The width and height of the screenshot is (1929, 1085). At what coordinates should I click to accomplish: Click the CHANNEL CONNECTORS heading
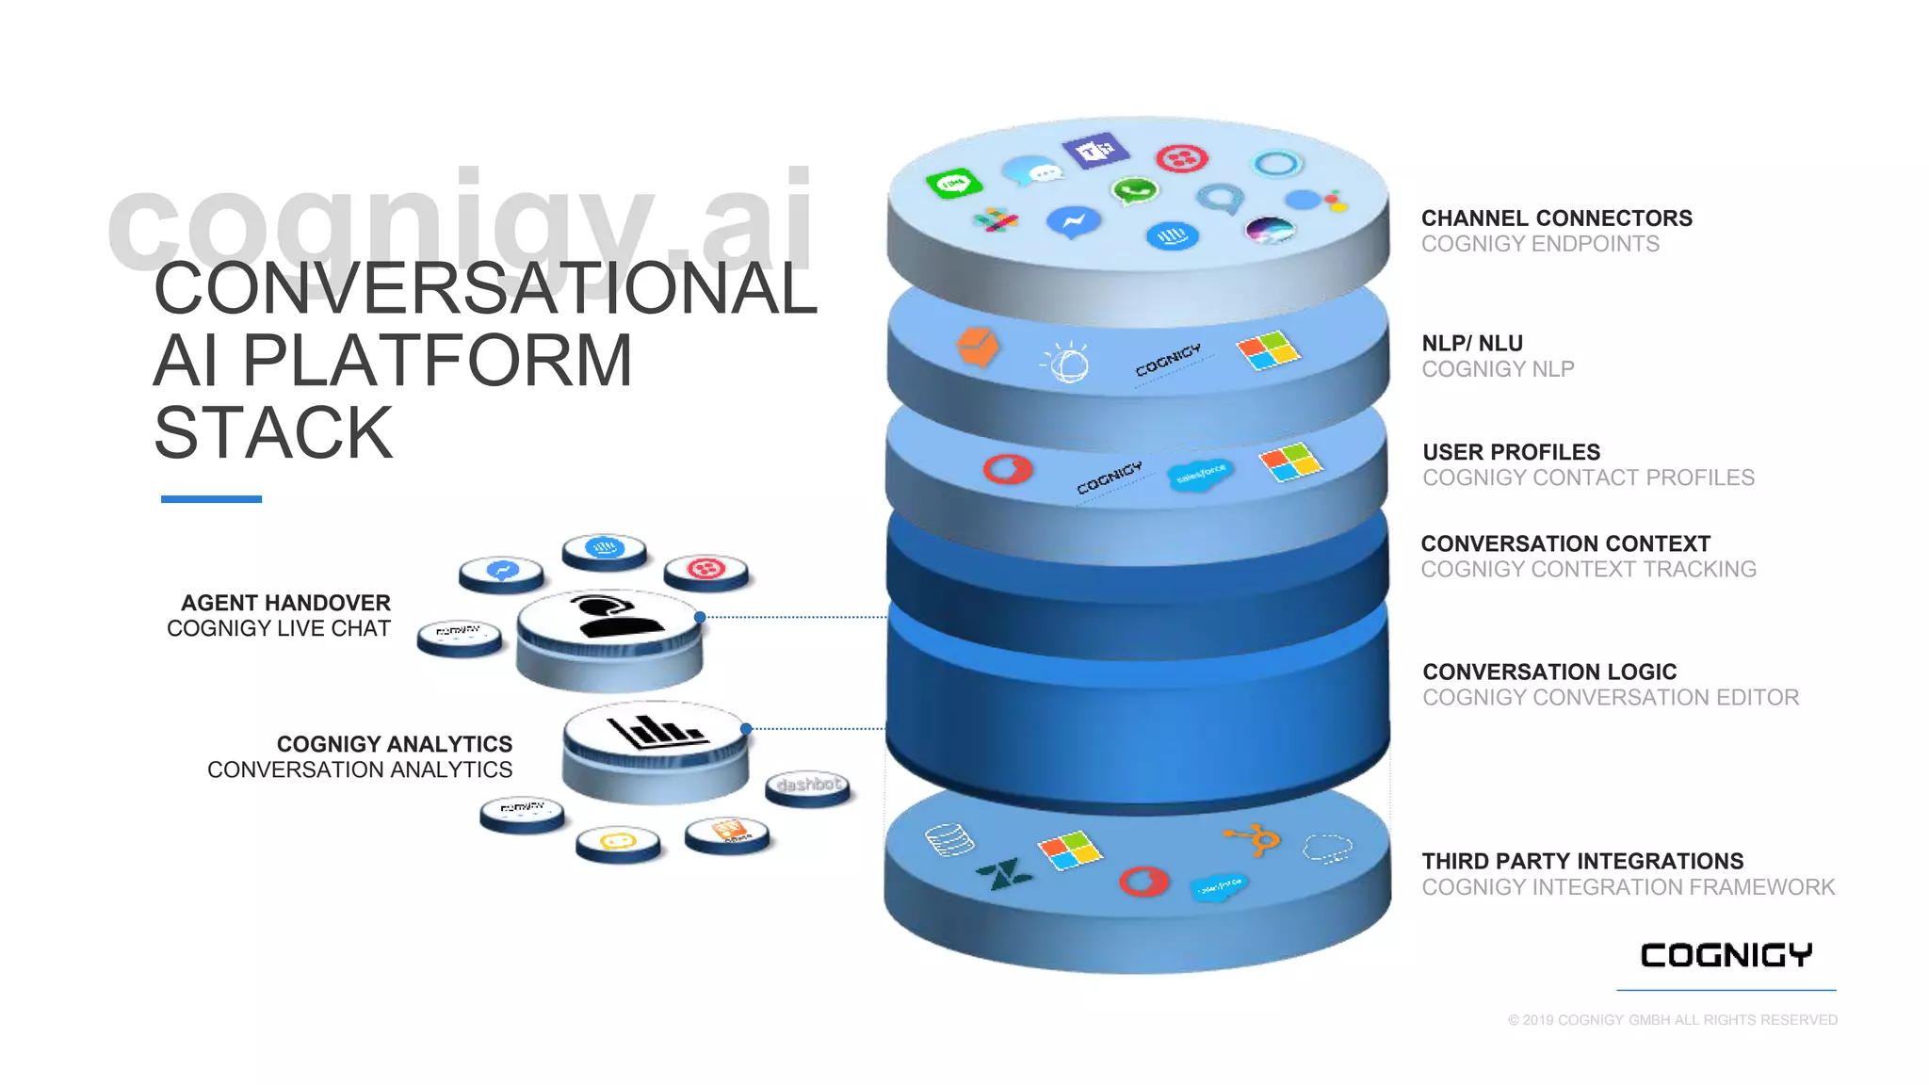pyautogui.click(x=1556, y=219)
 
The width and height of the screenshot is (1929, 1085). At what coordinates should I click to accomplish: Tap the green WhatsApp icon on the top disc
pyautogui.click(x=1134, y=191)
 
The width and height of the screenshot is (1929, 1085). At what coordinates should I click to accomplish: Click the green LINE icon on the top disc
pyautogui.click(x=953, y=183)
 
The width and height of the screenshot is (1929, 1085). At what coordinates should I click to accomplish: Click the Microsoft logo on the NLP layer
pyautogui.click(x=1268, y=350)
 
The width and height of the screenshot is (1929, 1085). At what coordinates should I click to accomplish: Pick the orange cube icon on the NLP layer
pyautogui.click(x=977, y=348)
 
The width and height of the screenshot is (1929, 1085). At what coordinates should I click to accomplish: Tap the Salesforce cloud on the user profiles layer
pyautogui.click(x=1199, y=475)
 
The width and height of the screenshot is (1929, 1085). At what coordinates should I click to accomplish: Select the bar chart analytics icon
pyautogui.click(x=656, y=730)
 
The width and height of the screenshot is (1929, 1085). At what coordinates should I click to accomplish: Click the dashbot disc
pyautogui.click(x=807, y=785)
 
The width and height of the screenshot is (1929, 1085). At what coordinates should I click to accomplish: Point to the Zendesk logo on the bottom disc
pyautogui.click(x=1002, y=875)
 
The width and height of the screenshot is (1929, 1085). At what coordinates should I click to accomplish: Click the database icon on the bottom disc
pyautogui.click(x=949, y=839)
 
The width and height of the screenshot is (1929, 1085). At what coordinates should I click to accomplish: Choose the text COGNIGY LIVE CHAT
pyautogui.click(x=278, y=628)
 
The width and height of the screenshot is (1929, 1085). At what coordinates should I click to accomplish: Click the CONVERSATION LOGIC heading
pyautogui.click(x=1549, y=672)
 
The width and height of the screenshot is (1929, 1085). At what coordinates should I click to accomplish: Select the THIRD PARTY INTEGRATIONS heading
pyautogui.click(x=1582, y=862)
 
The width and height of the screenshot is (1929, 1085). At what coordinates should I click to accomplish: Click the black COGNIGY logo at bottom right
pyautogui.click(x=1726, y=955)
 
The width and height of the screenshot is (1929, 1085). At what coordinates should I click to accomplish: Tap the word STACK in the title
pyautogui.click(x=273, y=433)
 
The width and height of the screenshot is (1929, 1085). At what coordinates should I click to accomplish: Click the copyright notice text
pyautogui.click(x=1672, y=1020)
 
